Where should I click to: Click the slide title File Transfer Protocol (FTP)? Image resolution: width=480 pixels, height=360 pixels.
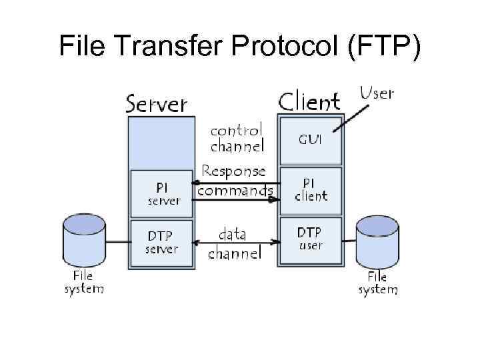pyautogui.click(x=240, y=46)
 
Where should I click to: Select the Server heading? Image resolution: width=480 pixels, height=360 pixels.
pyautogui.click(x=157, y=104)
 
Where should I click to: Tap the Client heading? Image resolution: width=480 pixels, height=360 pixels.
pyautogui.click(x=309, y=102)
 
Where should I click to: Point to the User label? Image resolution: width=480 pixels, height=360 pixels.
pyautogui.click(x=377, y=93)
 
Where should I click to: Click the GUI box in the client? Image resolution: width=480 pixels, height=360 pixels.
pyautogui.click(x=311, y=141)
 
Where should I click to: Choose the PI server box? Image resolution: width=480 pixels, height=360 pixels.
pyautogui.click(x=162, y=193)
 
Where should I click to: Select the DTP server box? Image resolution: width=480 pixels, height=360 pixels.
pyautogui.click(x=162, y=242)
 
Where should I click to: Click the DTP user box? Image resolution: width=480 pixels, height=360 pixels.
pyautogui.click(x=311, y=238)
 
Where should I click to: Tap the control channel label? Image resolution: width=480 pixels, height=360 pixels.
pyautogui.click(x=237, y=137)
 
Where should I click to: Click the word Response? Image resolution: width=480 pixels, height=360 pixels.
pyautogui.click(x=233, y=172)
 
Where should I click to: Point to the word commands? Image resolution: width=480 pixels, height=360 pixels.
pyautogui.click(x=235, y=191)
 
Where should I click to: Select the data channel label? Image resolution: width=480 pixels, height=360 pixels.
pyautogui.click(x=234, y=244)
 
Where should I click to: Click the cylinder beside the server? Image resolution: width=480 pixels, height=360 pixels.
pyautogui.click(x=84, y=240)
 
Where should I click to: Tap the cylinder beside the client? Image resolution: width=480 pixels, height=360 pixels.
pyautogui.click(x=377, y=241)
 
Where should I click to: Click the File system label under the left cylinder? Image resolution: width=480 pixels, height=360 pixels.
pyautogui.click(x=84, y=282)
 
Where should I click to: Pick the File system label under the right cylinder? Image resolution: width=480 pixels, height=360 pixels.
pyautogui.click(x=377, y=283)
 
